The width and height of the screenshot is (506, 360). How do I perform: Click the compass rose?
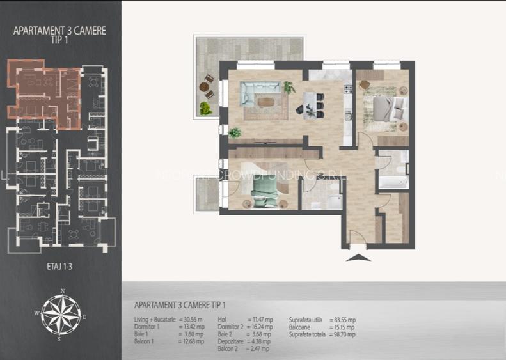click(x=63, y=315)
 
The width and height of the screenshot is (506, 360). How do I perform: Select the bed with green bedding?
click(x=265, y=191)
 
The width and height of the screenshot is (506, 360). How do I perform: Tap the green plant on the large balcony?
click(x=205, y=108)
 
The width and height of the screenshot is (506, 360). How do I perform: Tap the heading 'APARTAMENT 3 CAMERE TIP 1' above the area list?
click(x=180, y=306)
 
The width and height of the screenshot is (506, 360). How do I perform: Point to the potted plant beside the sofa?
click(x=289, y=87)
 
